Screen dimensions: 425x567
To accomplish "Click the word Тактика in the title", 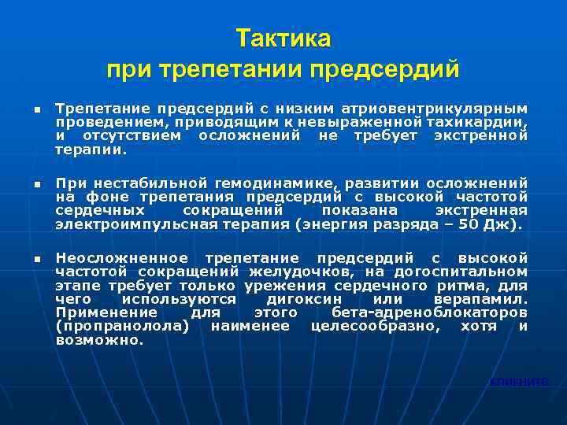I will point(283,39).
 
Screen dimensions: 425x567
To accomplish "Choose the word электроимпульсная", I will point(124,224).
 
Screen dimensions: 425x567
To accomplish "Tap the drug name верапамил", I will point(480,299).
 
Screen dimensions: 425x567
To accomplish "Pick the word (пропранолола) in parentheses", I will point(123,326).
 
